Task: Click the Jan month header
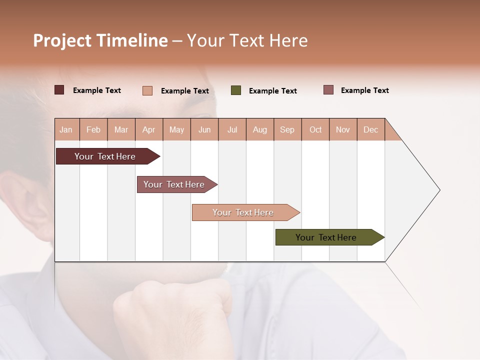click(66, 129)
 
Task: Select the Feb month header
click(93, 129)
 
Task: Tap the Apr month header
click(149, 129)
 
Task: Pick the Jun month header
click(204, 129)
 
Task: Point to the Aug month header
click(260, 129)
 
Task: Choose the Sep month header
click(287, 129)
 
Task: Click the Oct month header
click(315, 129)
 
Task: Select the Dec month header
click(371, 129)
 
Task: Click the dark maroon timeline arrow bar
click(105, 156)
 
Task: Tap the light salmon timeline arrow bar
click(243, 212)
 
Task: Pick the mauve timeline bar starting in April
click(174, 184)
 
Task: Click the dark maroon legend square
click(59, 90)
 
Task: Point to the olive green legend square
click(236, 90)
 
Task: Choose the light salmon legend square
click(147, 90)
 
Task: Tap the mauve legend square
click(328, 90)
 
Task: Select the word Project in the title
click(63, 40)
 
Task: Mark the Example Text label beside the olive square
click(273, 91)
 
